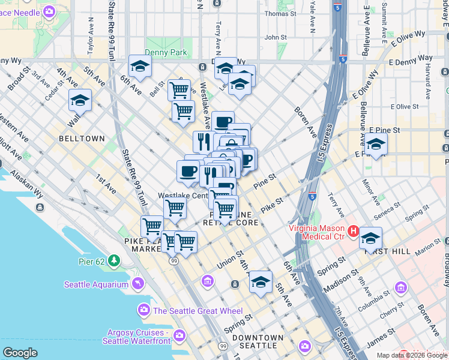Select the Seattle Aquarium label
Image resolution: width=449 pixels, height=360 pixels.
pyautogui.click(x=98, y=284)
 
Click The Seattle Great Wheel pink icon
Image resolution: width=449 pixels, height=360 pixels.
pyautogui.click(x=143, y=310)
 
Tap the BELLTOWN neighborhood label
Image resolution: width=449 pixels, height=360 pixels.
pyautogui.click(x=82, y=139)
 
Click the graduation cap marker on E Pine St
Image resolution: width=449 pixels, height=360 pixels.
pyautogui.click(x=376, y=145)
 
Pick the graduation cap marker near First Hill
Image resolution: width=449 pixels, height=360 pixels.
pyautogui.click(x=370, y=239)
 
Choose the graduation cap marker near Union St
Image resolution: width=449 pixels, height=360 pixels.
pyautogui.click(x=261, y=282)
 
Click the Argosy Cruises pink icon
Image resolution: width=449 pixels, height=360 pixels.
pyautogui.click(x=178, y=335)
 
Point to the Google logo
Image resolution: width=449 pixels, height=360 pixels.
pyautogui.click(x=20, y=353)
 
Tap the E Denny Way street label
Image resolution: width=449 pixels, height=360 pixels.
pyautogui.click(x=411, y=61)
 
